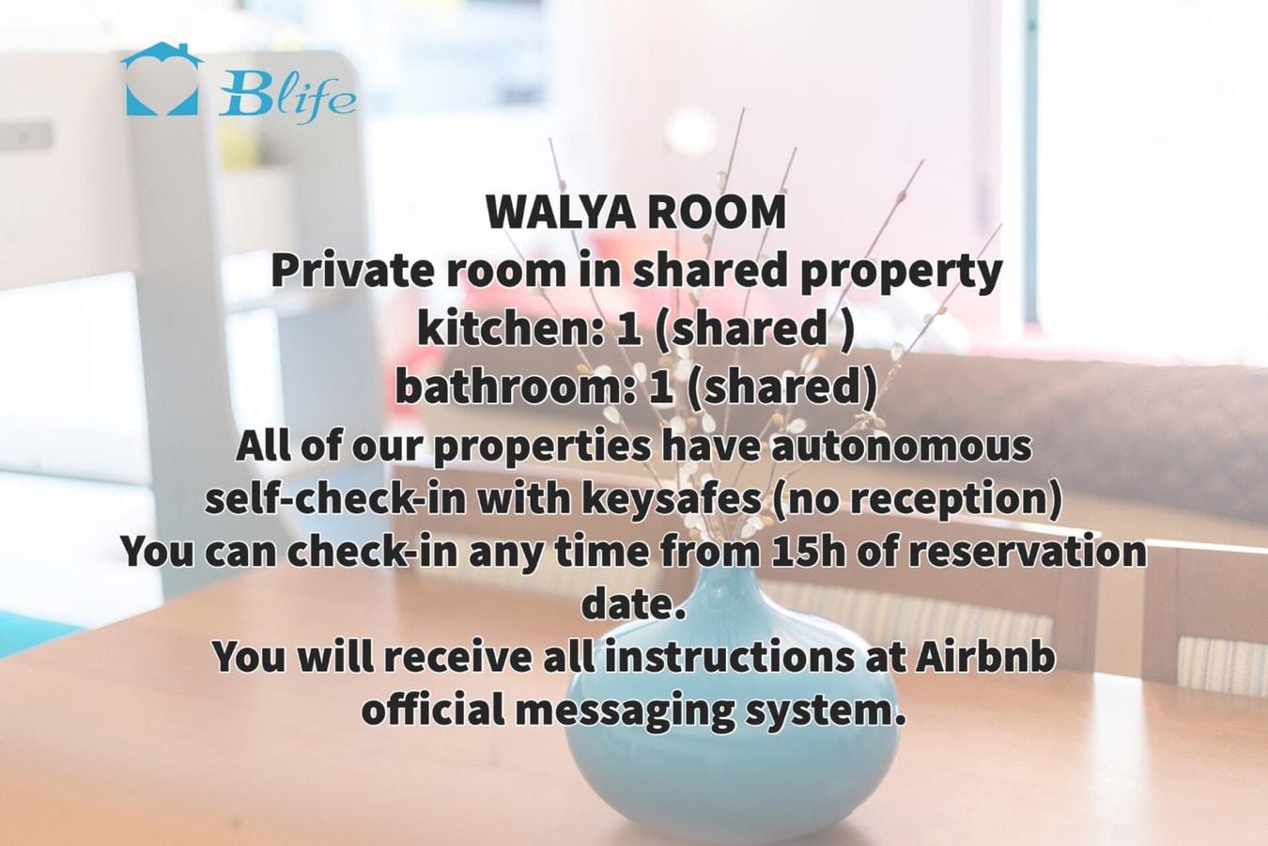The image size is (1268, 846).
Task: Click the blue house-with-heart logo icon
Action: [x=162, y=79]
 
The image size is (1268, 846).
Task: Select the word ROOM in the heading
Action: [x=717, y=211]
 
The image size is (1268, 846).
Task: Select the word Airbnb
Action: [x=983, y=657]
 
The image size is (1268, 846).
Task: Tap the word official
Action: [x=433, y=709]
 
